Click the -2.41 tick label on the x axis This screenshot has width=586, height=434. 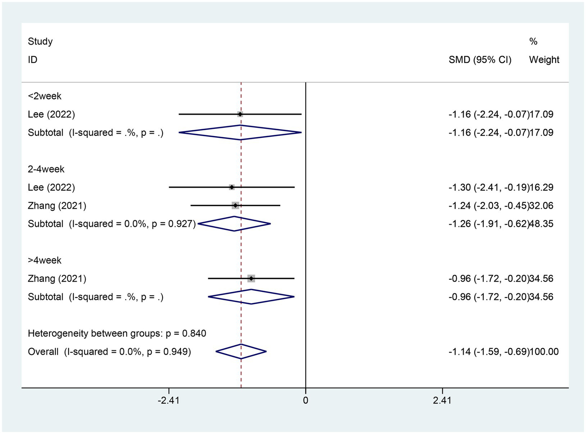pyautogui.click(x=168, y=400)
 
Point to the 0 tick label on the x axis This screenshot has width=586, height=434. pyautogui.click(x=305, y=400)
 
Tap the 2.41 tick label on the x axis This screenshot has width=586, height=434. pyautogui.click(x=442, y=400)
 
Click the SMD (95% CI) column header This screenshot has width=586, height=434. pyautogui.click(x=480, y=60)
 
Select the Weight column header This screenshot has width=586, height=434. pyautogui.click(x=544, y=60)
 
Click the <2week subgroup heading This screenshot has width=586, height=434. pyautogui.click(x=45, y=96)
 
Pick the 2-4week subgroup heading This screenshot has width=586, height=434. pyautogui.click(x=46, y=169)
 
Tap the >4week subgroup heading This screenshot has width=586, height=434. pyautogui.click(x=45, y=260)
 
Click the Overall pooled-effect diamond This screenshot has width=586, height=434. pyautogui.click(x=241, y=351)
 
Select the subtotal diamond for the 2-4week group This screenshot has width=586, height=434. pyautogui.click(x=234, y=224)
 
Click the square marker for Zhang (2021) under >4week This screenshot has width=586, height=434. pyautogui.click(x=251, y=279)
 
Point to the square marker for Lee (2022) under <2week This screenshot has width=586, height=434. pyautogui.click(x=240, y=114)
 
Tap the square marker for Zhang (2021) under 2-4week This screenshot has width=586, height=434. pyautogui.click(x=235, y=206)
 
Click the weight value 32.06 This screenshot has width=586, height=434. pyautogui.click(x=541, y=206)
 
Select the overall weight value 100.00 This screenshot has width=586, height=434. pyautogui.click(x=544, y=351)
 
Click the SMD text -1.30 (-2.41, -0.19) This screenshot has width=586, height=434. pyautogui.click(x=489, y=187)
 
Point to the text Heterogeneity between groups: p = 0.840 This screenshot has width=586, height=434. pyautogui.click(x=117, y=333)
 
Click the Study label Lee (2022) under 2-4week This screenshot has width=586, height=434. pyautogui.click(x=52, y=187)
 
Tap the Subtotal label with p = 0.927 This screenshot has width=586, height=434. pyautogui.click(x=111, y=224)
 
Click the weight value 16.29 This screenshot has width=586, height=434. pyautogui.click(x=541, y=187)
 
